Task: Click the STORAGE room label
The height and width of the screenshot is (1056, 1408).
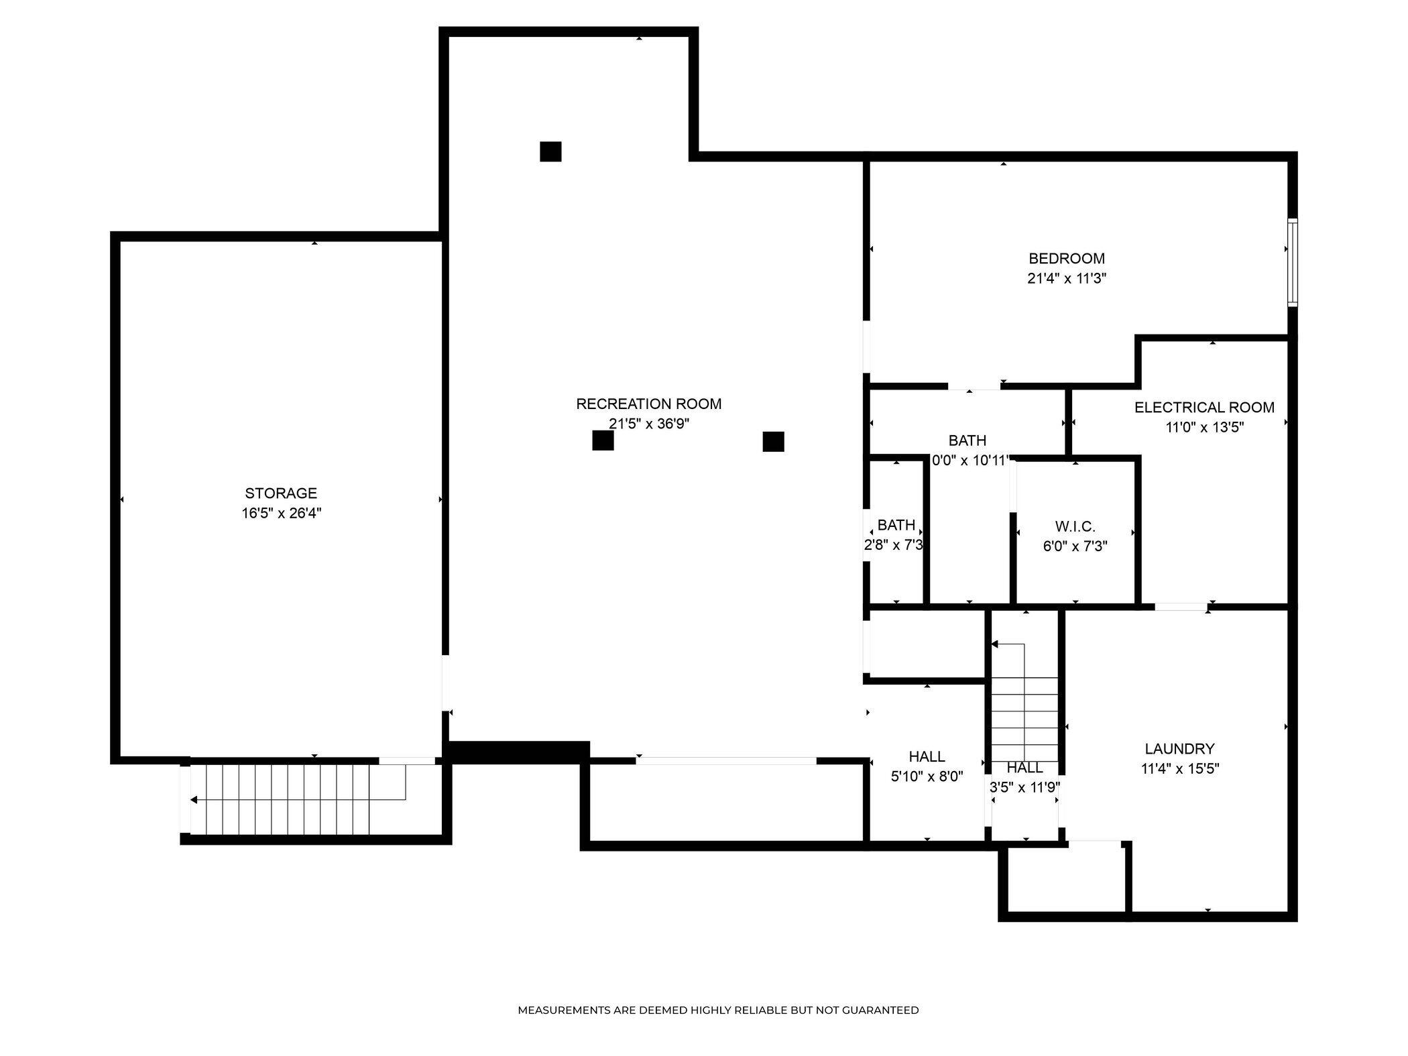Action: click(281, 493)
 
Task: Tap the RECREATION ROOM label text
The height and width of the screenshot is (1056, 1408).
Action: click(648, 404)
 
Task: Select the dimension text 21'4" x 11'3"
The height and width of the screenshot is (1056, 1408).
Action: click(1066, 279)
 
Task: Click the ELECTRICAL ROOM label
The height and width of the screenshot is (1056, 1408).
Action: click(1204, 408)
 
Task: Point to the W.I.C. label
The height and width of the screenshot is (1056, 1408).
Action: click(1075, 527)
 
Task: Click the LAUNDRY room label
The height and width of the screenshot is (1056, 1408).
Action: click(1179, 749)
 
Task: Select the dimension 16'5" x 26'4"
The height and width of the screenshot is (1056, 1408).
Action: click(281, 514)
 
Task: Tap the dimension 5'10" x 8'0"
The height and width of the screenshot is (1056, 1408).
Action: click(927, 777)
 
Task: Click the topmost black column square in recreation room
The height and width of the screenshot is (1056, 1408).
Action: click(550, 152)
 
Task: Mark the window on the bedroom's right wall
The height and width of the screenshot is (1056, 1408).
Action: click(1292, 263)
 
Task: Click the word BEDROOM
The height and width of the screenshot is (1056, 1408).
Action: click(1066, 259)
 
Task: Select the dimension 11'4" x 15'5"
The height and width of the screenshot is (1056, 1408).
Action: click(1179, 769)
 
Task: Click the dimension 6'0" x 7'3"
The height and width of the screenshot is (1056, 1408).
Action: click(1075, 546)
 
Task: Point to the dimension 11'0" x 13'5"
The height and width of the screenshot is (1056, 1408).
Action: click(1204, 428)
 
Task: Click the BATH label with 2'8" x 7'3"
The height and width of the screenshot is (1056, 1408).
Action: click(896, 525)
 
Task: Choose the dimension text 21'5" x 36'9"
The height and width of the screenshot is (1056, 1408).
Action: click(648, 424)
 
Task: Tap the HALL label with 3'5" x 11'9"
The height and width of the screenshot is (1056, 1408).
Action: click(1024, 768)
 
